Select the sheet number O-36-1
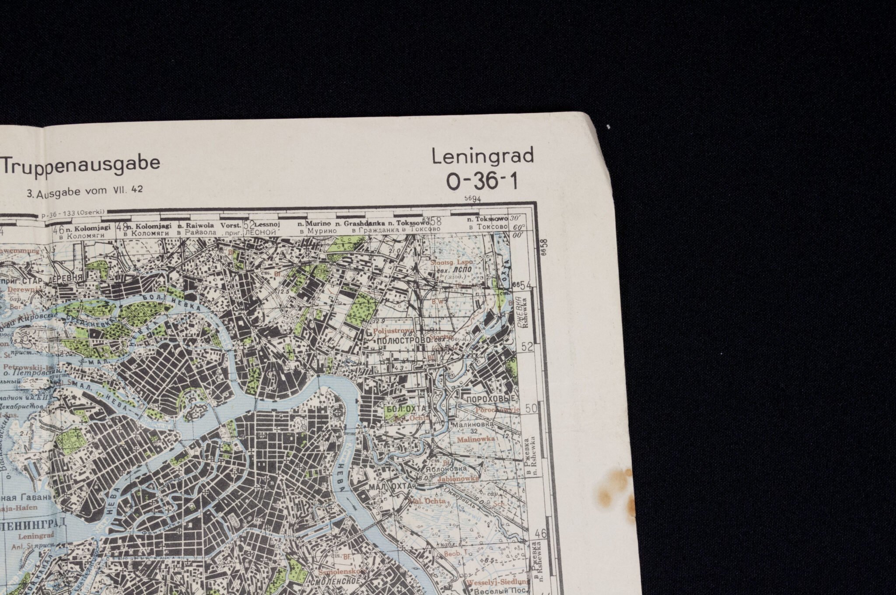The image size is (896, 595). tap(482, 181)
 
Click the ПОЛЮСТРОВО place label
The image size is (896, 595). tap(401, 340)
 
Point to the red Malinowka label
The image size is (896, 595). tap(476, 438)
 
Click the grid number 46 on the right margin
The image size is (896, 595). tap(541, 533)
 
